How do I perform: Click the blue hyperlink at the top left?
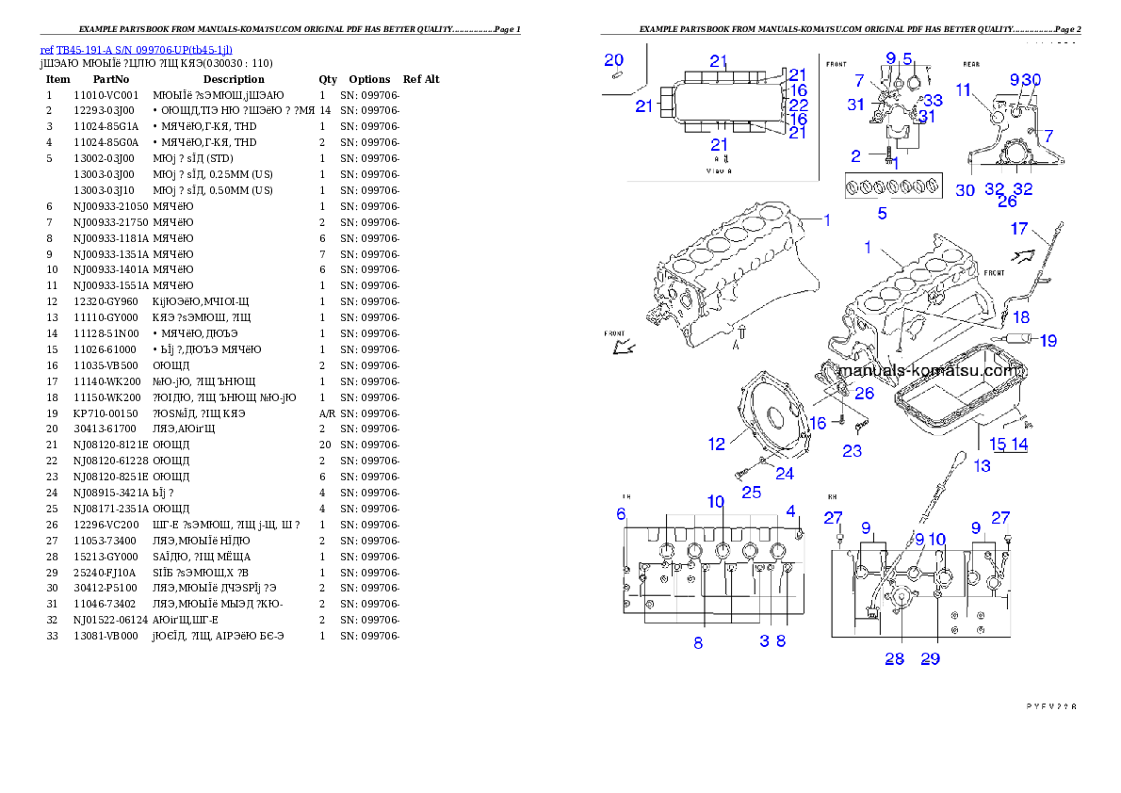click(136, 49)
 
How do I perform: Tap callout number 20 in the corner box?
click(614, 60)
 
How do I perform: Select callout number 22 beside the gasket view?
click(798, 105)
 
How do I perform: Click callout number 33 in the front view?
click(932, 100)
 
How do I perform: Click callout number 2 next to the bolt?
click(855, 155)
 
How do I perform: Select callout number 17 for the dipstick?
click(1019, 229)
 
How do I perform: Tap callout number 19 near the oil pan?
click(1048, 340)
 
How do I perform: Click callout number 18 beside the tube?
click(1021, 316)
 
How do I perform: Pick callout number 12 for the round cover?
click(717, 444)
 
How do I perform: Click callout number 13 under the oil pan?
click(982, 464)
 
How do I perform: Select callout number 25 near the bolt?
click(751, 492)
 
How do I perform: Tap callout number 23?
click(852, 451)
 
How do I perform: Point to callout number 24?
click(784, 474)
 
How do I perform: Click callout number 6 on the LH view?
click(621, 513)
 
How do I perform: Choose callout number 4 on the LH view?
click(791, 510)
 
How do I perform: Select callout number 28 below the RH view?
click(894, 658)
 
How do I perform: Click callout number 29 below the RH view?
click(930, 658)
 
